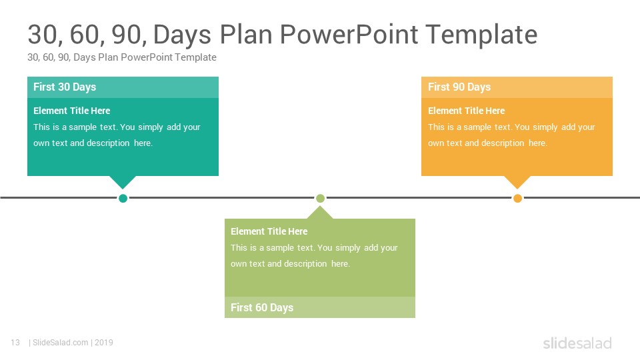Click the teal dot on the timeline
[x=123, y=199]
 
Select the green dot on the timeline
[x=321, y=199]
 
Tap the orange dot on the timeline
[x=517, y=199]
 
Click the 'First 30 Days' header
[x=65, y=87]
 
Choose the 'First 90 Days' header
[x=459, y=87]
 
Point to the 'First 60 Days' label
[x=262, y=307]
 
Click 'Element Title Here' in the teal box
[x=72, y=111]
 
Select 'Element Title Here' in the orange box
[x=467, y=111]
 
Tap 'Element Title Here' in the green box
[x=269, y=231]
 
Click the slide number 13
[x=15, y=343]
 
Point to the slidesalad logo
[x=577, y=343]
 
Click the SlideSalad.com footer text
[x=61, y=343]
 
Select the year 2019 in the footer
[x=104, y=343]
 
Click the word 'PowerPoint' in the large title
[x=349, y=34]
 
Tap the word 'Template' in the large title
[x=481, y=35]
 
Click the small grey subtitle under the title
[x=121, y=57]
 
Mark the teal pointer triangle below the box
[x=123, y=181]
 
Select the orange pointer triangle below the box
[x=517, y=181]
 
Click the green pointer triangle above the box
[x=320, y=213]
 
